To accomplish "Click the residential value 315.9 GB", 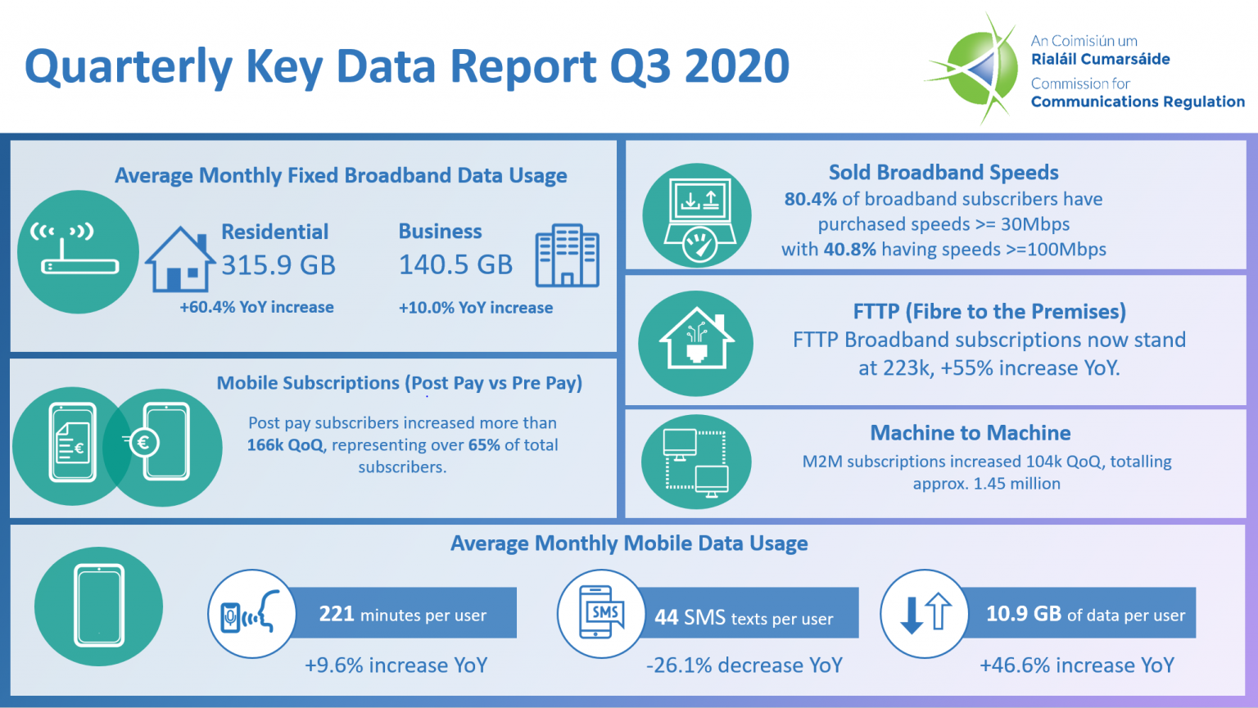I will tap(278, 265).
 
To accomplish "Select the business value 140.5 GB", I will tap(455, 264).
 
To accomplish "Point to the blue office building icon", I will tap(567, 255).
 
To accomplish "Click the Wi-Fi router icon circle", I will tap(78, 252).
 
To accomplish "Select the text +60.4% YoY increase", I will tap(256, 308).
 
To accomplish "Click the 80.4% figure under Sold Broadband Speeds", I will tap(810, 199).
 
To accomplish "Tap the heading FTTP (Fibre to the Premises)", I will tap(989, 312).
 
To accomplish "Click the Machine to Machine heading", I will tap(970, 433).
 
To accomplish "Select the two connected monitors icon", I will tap(695, 462).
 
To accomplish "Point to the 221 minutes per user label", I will tap(402, 615).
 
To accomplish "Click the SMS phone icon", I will tap(601, 613).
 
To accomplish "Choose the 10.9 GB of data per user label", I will tap(1084, 614).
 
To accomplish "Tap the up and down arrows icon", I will tap(925, 614).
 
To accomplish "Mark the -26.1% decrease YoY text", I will tap(744, 665).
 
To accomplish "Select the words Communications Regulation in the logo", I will tap(1137, 101).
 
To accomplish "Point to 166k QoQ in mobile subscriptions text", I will tap(285, 445).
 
